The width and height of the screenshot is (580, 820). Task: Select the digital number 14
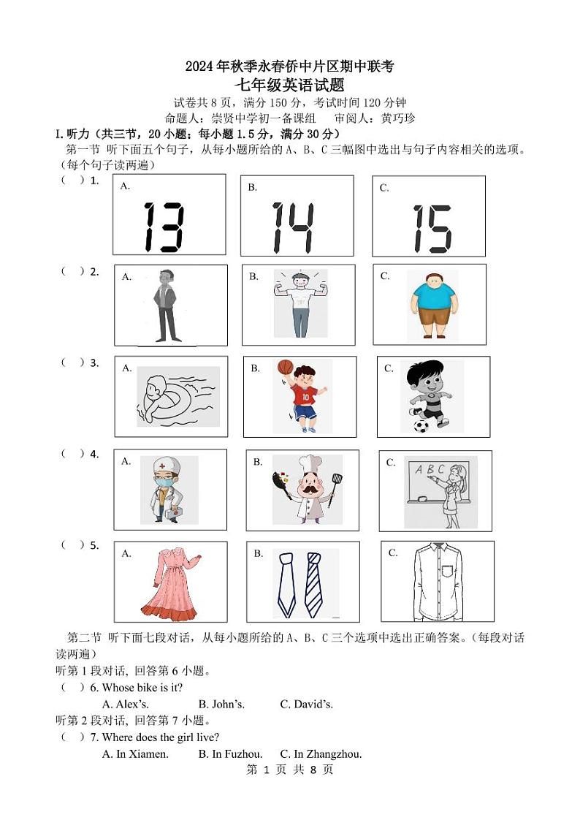(x=292, y=227)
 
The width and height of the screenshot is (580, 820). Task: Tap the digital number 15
(x=432, y=229)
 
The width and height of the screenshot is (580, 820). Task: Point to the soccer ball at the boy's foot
(x=421, y=425)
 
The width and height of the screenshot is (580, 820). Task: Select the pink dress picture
(x=169, y=582)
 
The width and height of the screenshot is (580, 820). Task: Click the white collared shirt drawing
(x=437, y=581)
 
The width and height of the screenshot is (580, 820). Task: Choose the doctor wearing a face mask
(x=164, y=489)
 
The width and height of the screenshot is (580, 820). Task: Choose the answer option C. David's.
(x=306, y=705)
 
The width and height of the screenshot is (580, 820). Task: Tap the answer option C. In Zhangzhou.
(x=321, y=754)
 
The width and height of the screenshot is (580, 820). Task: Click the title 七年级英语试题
(x=289, y=85)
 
